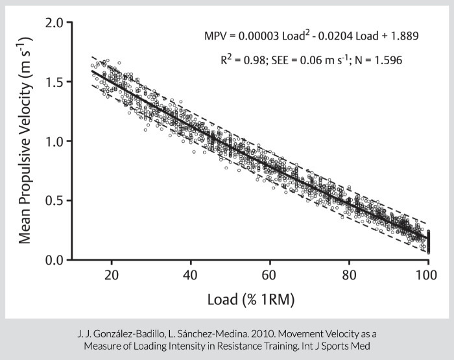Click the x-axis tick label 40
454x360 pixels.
(x=191, y=276)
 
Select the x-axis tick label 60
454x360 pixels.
(x=270, y=276)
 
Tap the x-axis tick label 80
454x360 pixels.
(x=349, y=276)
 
